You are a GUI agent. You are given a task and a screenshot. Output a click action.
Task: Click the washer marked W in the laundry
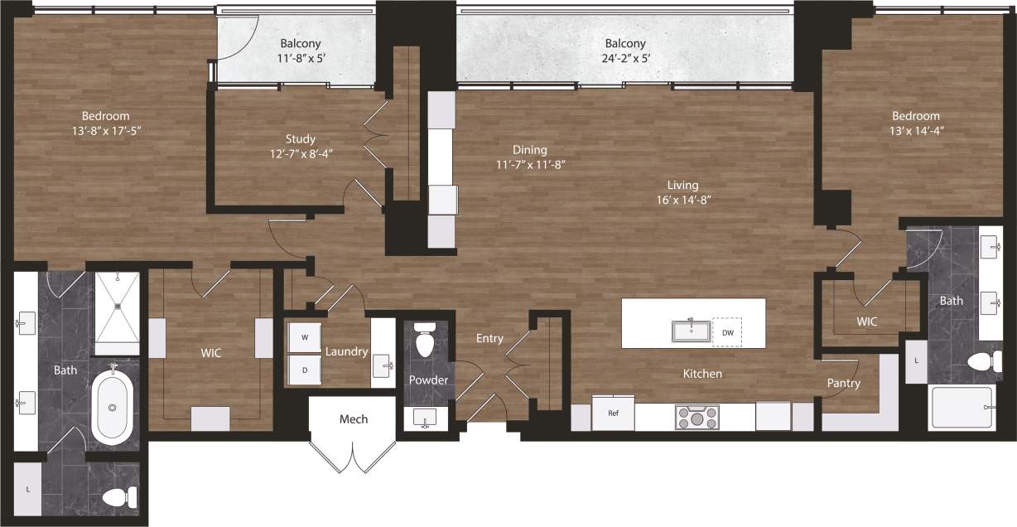[304, 337]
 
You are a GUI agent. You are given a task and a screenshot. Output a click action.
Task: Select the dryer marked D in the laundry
[304, 370]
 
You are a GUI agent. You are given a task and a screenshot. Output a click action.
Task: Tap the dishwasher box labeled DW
[727, 332]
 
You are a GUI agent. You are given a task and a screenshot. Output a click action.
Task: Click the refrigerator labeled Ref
[614, 413]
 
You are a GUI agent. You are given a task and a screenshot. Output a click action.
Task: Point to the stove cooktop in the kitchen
[697, 416]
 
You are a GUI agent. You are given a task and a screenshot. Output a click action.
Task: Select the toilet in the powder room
[425, 342]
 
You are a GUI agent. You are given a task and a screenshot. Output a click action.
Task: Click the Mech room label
[354, 419]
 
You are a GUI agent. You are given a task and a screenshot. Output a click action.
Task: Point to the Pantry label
[843, 383]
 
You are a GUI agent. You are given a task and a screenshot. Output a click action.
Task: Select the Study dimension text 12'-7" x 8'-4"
[301, 153]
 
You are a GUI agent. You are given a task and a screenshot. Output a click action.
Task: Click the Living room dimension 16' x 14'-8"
[683, 200]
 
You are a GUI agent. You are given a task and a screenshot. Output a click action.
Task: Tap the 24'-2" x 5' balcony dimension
[624, 59]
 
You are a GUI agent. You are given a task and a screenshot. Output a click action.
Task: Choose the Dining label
[529, 150]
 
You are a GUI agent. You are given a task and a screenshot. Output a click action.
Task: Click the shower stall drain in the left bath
[118, 305]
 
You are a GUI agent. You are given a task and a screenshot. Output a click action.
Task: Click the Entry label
[489, 338]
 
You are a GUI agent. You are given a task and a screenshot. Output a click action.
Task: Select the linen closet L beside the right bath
[916, 362]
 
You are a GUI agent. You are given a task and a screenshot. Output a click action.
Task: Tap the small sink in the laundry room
[383, 363]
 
